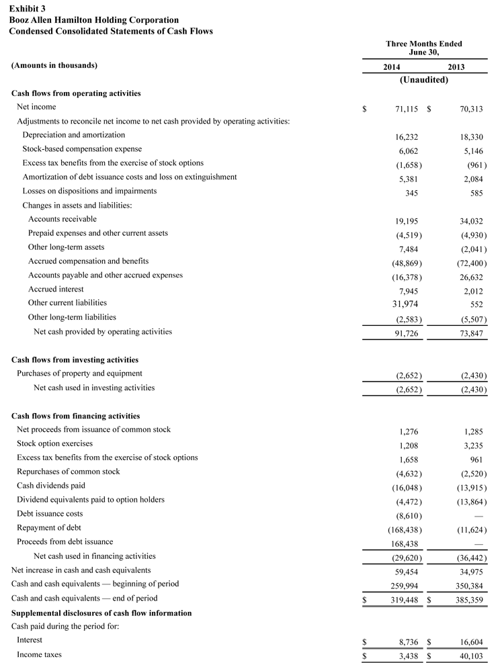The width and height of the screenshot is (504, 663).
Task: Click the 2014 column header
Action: click(392, 67)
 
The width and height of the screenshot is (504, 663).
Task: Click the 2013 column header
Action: click(456, 67)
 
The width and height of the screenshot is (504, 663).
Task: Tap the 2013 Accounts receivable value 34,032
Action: click(469, 221)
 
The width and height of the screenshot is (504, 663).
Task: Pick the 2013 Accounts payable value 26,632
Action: click(469, 277)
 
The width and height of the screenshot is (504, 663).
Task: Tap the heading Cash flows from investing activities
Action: click(75, 360)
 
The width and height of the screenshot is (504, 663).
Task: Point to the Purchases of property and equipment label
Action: click(79, 373)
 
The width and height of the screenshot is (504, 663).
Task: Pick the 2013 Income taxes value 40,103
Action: click(469, 656)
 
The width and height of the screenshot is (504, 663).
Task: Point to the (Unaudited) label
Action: click(424, 79)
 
